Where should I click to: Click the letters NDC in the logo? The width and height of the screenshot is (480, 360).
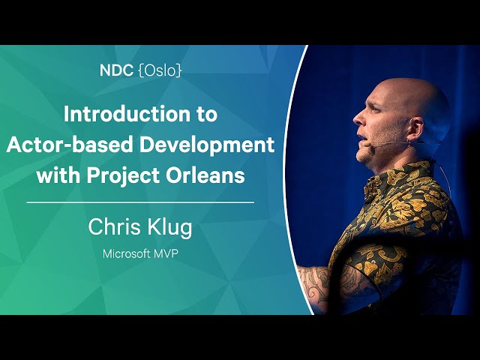coord(116,70)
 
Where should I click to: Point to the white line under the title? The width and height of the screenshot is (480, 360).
coord(140,202)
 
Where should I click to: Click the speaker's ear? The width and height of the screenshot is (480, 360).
coord(416,128)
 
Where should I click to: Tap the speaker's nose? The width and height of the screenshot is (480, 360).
coord(358,118)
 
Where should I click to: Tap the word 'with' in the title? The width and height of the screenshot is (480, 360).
coord(58,175)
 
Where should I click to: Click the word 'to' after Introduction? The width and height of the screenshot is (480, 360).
coord(205,115)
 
